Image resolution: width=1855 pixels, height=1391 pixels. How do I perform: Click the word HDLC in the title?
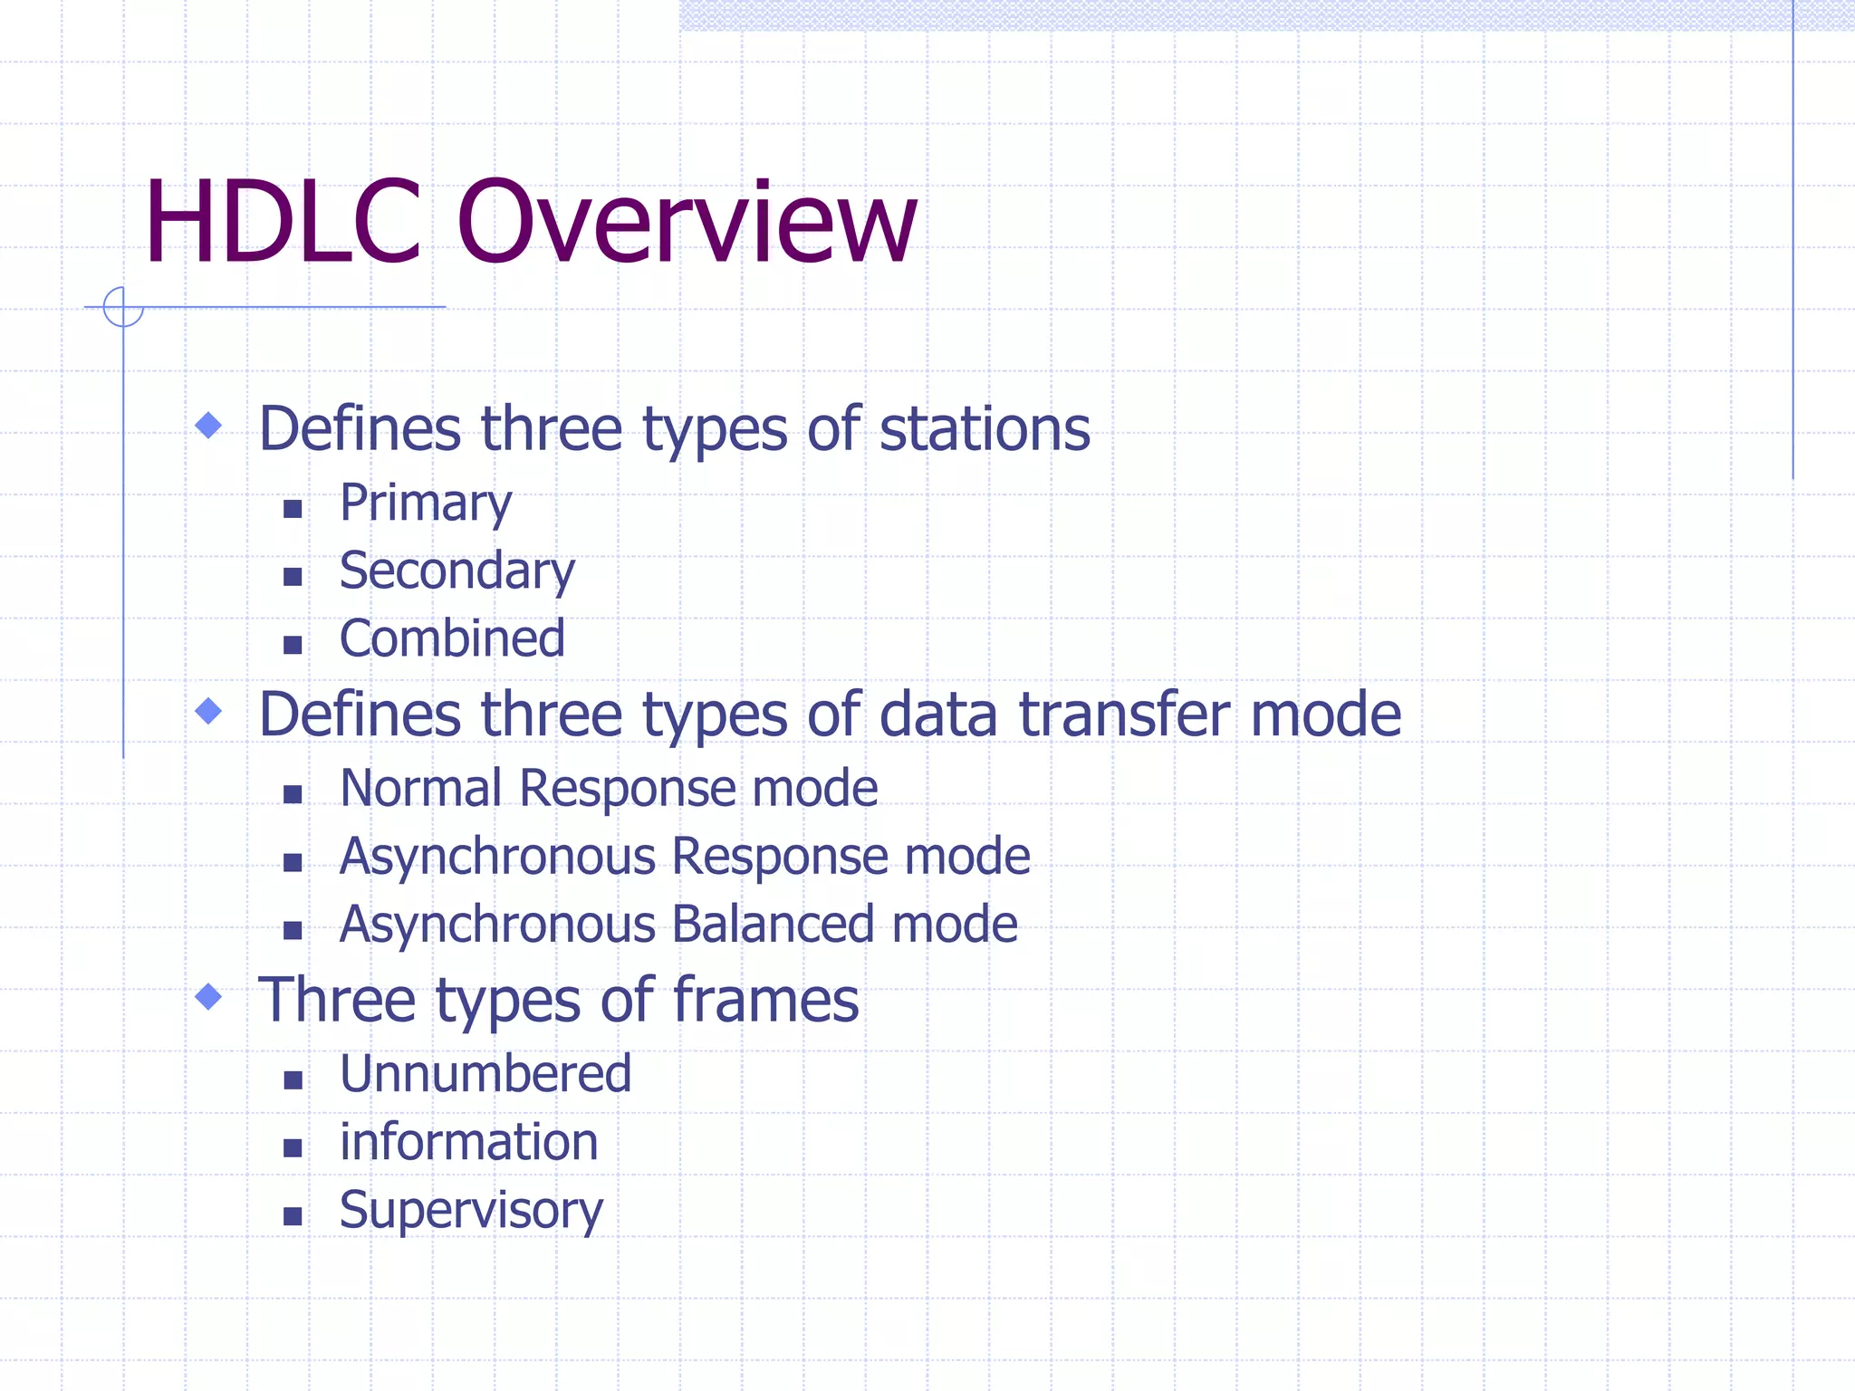click(283, 223)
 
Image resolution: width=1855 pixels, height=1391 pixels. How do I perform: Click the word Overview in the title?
click(687, 223)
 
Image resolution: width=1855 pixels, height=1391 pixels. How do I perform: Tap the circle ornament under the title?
click(123, 307)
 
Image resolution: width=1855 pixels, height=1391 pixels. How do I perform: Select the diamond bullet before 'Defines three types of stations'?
click(209, 425)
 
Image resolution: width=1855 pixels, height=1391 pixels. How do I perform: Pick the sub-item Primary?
click(425, 504)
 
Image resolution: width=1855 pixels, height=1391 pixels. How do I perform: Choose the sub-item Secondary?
click(457, 571)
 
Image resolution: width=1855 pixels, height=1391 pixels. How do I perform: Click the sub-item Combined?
click(452, 638)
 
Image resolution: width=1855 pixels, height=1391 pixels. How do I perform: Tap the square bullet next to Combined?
click(292, 645)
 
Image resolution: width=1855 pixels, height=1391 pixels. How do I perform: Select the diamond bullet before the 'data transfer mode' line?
click(209, 711)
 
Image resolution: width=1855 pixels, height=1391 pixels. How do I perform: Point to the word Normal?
click(420, 788)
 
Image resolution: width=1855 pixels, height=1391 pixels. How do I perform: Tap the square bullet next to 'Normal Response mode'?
click(292, 794)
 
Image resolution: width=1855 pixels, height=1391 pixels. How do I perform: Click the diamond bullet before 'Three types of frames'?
click(209, 997)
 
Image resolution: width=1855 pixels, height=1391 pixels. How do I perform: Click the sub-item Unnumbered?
click(485, 1074)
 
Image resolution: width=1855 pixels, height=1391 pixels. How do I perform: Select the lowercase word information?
click(468, 1142)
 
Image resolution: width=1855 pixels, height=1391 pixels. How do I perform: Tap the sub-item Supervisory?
click(471, 1211)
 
